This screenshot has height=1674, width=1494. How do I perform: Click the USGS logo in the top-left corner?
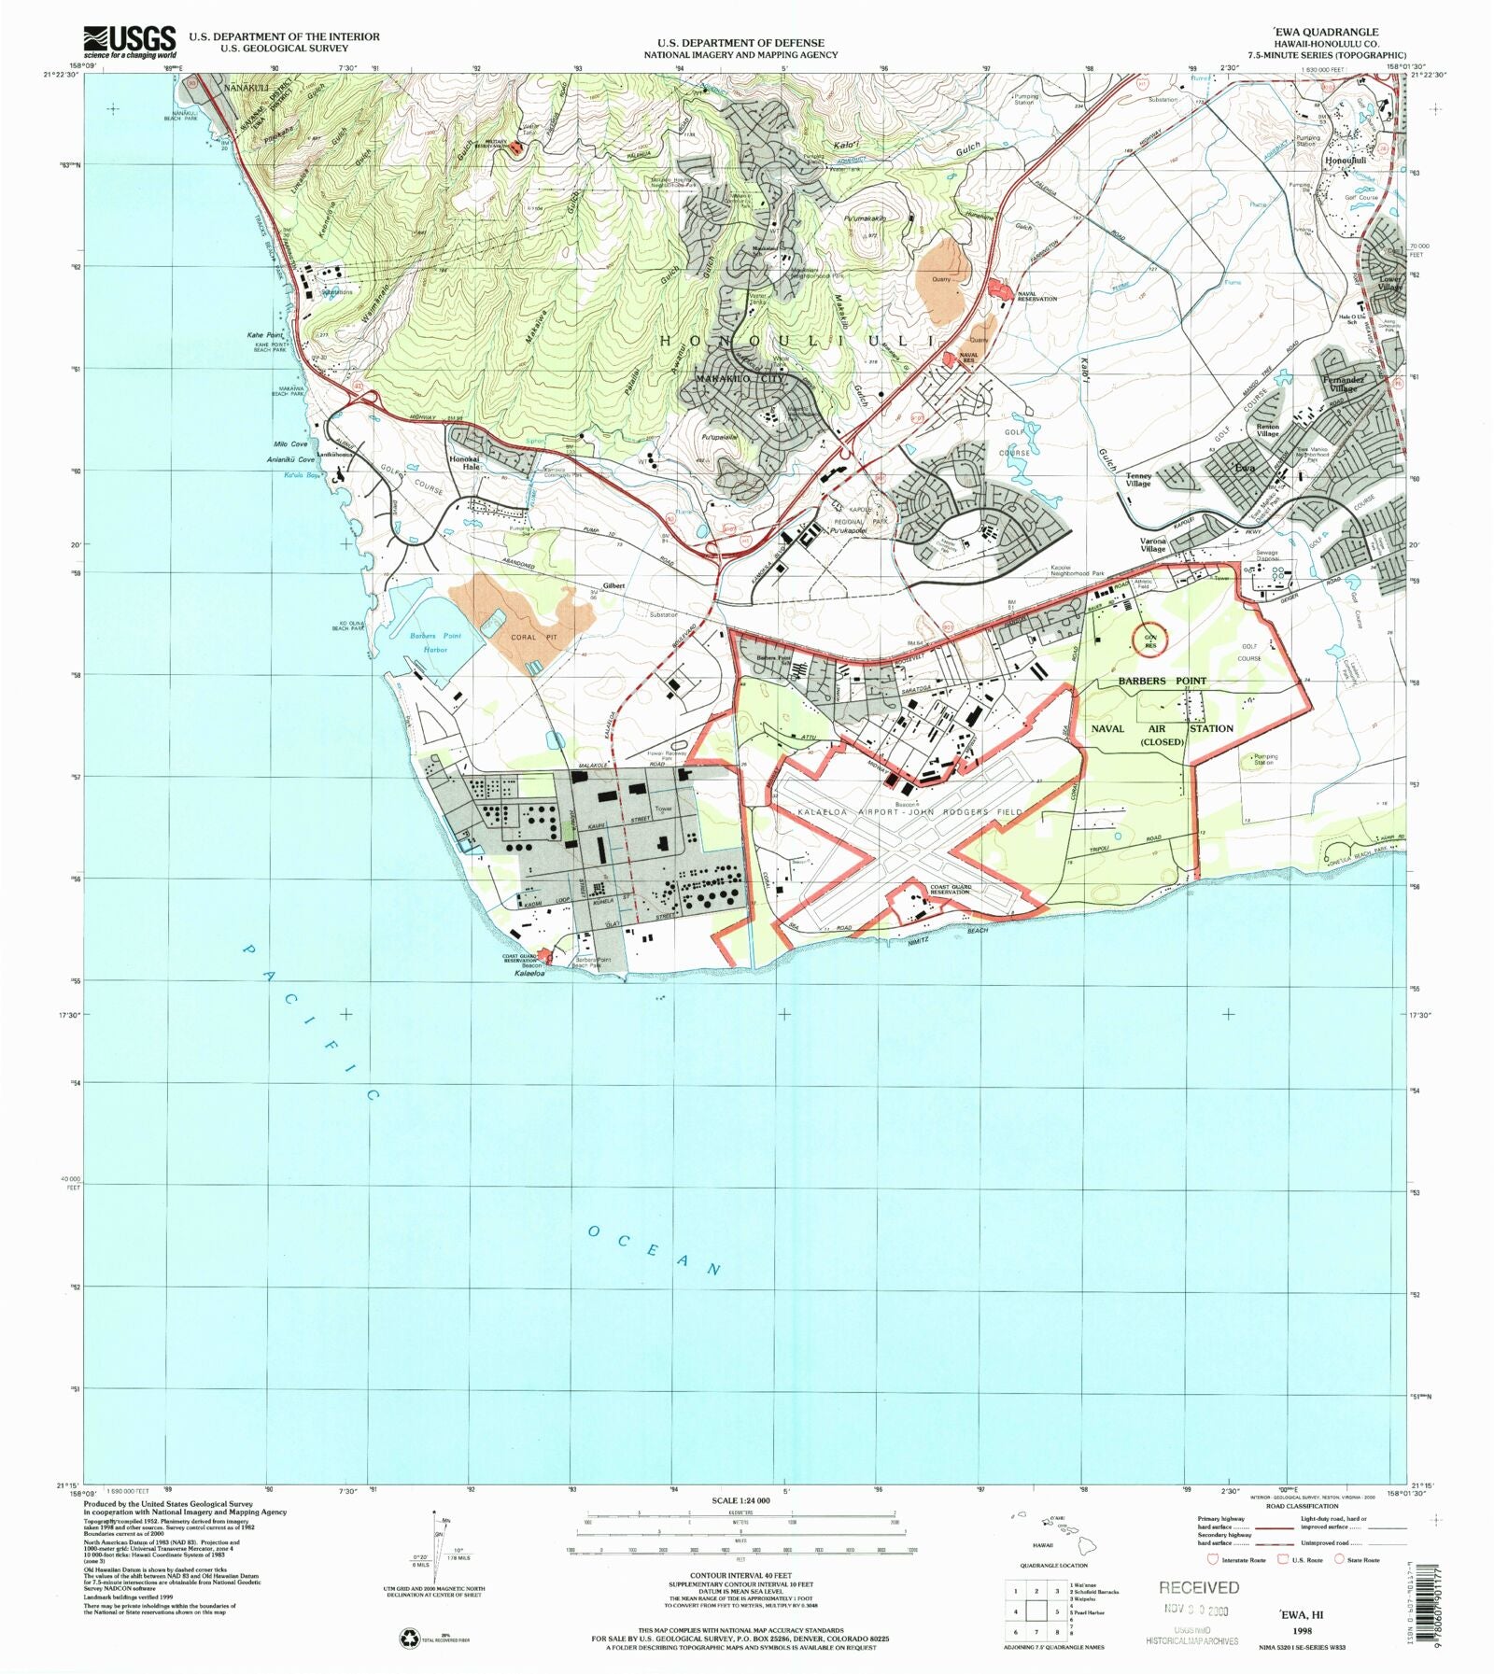(x=129, y=42)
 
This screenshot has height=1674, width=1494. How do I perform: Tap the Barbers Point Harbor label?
(x=435, y=642)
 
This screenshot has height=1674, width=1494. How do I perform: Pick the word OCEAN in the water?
(x=655, y=1250)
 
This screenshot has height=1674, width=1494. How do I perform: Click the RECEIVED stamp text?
(x=1199, y=1587)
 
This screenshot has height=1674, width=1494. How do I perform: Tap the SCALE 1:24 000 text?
(x=740, y=1500)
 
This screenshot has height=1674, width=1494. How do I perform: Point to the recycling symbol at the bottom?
(x=410, y=1638)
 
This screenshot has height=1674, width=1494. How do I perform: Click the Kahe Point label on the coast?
(x=265, y=334)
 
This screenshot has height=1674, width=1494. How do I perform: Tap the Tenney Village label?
(x=1138, y=480)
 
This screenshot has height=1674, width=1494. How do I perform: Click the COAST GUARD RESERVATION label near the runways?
(x=951, y=890)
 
